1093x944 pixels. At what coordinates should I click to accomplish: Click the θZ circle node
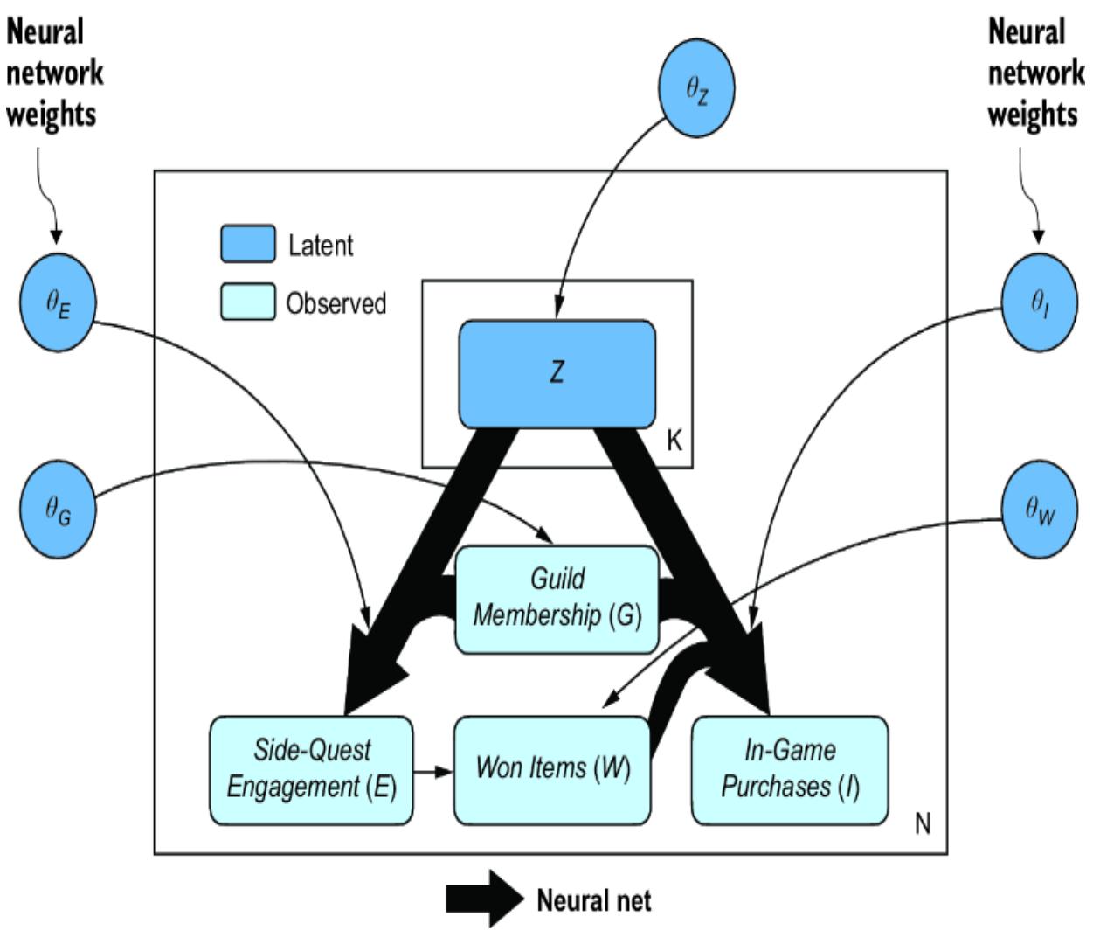click(696, 87)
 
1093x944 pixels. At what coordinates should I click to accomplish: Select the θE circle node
click(58, 302)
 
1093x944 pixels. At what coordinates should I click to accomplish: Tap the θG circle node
click(58, 509)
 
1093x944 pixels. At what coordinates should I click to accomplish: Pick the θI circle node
click(1039, 302)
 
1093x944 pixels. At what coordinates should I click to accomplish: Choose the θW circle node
click(1039, 509)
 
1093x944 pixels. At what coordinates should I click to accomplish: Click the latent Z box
click(557, 373)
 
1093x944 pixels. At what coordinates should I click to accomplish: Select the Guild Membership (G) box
click(557, 599)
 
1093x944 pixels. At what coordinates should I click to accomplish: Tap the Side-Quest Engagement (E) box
click(311, 769)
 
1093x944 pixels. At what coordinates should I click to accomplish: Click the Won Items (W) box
click(552, 769)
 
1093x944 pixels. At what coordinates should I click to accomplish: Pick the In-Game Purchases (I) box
click(790, 769)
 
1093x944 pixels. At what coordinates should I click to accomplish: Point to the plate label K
click(674, 441)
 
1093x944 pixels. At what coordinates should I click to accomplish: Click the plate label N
click(923, 823)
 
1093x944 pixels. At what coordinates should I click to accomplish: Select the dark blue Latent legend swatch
click(247, 244)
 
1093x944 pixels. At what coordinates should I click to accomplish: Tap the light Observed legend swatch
click(247, 302)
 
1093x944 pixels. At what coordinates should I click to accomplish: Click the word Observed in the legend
click(336, 303)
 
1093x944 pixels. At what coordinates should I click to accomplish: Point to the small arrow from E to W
click(432, 771)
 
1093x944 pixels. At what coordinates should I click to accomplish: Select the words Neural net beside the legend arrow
click(593, 899)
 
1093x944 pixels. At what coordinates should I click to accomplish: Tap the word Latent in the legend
click(321, 246)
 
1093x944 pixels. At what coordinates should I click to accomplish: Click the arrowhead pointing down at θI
click(1039, 236)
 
